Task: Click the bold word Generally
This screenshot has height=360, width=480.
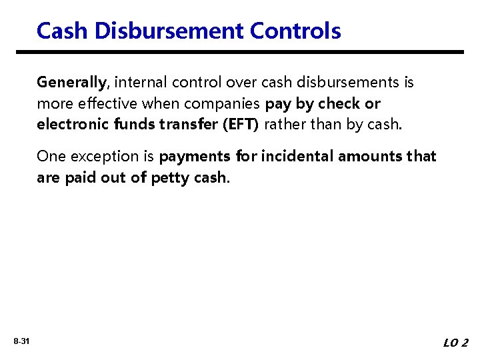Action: pos(71,83)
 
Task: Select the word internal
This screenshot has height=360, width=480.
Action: pos(141,83)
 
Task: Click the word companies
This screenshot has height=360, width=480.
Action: pos(226,104)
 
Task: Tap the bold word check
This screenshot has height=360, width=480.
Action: pos(339,104)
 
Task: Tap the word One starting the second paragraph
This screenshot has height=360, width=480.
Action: pos(51,157)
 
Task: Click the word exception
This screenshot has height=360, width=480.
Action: pos(99,157)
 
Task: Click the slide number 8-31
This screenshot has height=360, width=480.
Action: pos(21,342)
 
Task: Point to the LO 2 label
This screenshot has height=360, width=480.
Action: pos(455,343)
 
